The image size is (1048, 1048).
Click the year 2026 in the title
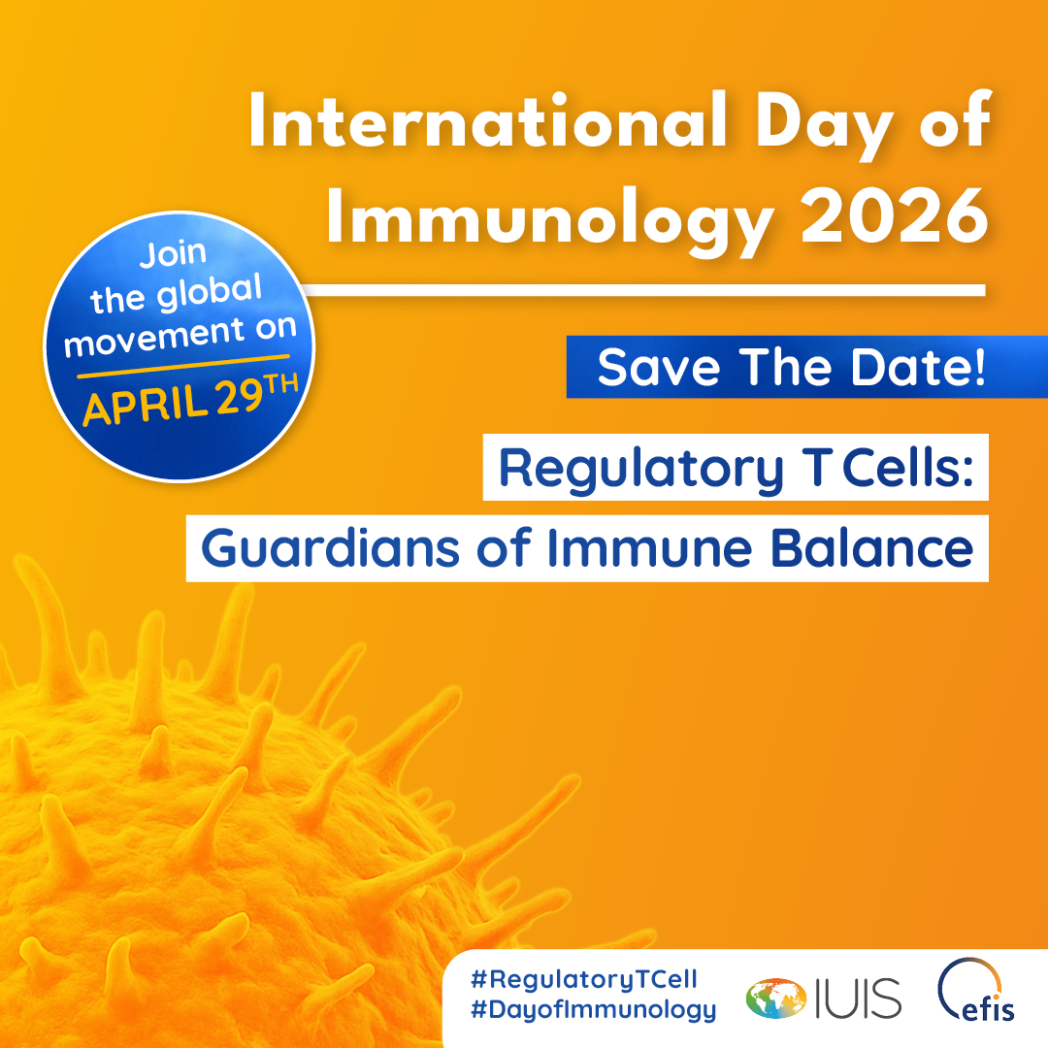[895, 215]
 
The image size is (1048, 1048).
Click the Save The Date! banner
[806, 367]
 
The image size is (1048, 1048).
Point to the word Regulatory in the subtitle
[641, 471]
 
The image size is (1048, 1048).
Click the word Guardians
[330, 548]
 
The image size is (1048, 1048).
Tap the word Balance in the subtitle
[872, 548]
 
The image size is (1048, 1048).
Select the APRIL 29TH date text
[190, 400]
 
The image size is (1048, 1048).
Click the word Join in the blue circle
[173, 254]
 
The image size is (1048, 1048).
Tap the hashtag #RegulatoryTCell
[584, 979]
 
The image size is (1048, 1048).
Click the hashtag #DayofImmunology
[594, 1009]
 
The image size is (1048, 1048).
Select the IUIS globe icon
[776, 999]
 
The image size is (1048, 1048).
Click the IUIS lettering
[858, 999]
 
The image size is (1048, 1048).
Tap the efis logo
[976, 991]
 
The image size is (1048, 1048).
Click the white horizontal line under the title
[643, 290]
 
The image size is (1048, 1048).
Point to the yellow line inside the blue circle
[183, 366]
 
